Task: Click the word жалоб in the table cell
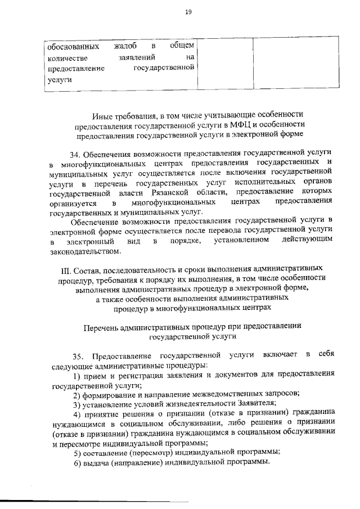click(127, 46)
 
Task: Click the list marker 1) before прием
click(78, 375)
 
